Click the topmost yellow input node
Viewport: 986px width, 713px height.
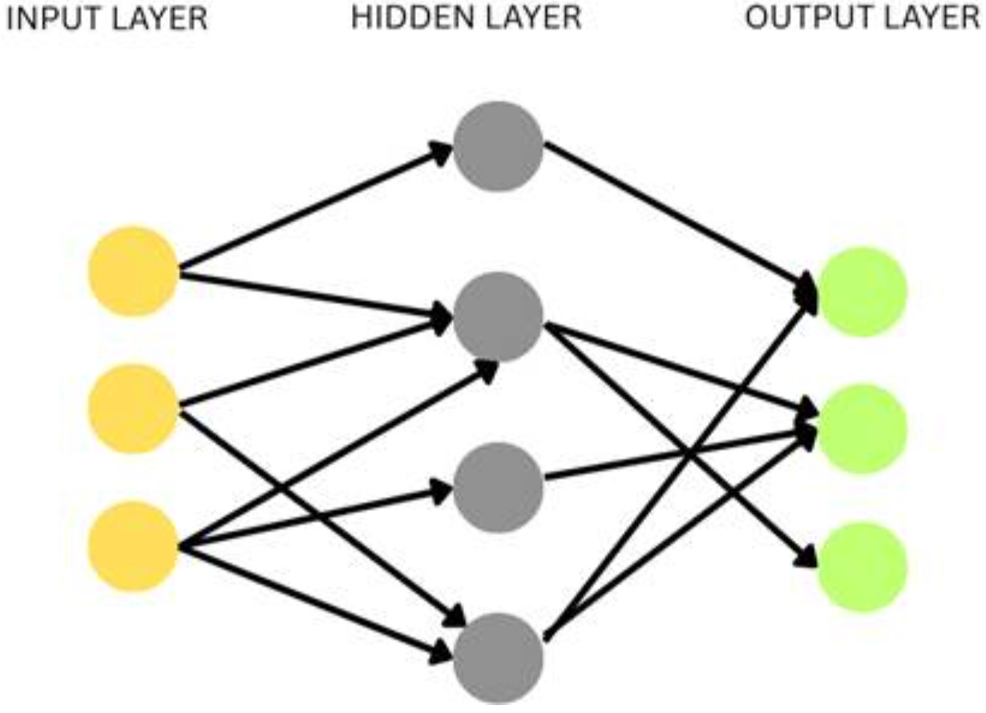[x=133, y=271]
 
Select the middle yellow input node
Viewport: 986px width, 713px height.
[x=133, y=408]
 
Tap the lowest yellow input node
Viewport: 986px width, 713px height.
[x=133, y=546]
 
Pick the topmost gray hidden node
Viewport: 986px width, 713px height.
[x=498, y=146]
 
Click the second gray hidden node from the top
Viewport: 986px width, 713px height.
[x=498, y=316]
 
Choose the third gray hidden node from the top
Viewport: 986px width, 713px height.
[x=498, y=487]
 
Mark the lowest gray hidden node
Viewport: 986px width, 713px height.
[x=498, y=658]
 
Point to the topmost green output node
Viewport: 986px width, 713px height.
[x=862, y=292]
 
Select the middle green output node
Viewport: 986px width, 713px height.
[x=862, y=429]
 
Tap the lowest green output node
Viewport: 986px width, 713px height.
[x=862, y=566]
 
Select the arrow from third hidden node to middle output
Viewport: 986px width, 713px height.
[x=681, y=455]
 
